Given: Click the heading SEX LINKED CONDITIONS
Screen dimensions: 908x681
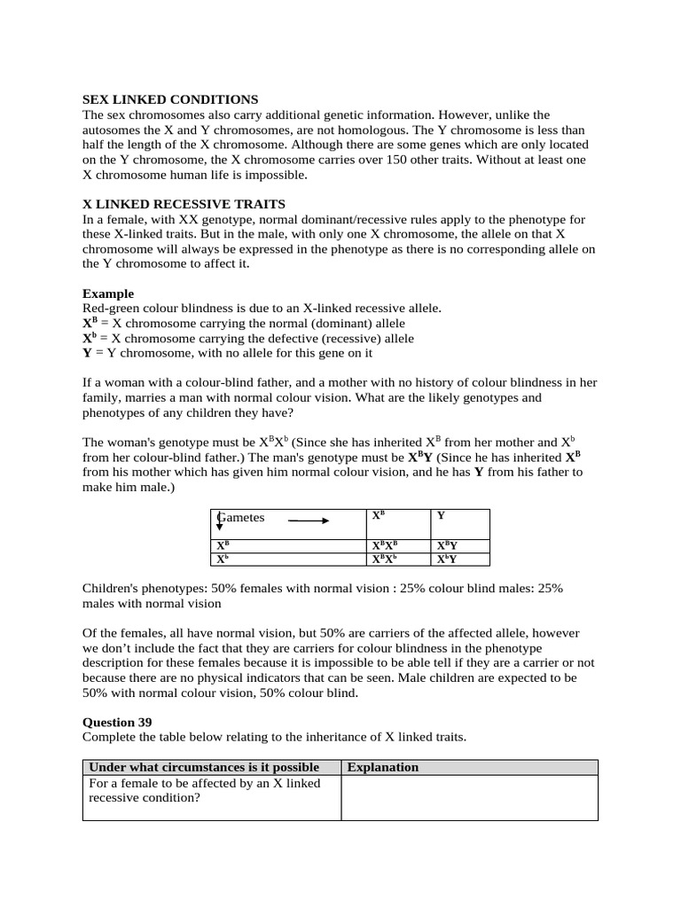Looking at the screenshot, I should [x=170, y=99].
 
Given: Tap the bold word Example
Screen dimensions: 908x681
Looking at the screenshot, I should [x=108, y=294].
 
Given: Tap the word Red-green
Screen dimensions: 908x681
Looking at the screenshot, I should [x=110, y=308].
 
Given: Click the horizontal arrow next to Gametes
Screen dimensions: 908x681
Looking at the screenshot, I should [x=309, y=521].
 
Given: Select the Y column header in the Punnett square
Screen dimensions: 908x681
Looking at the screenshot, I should [x=442, y=515].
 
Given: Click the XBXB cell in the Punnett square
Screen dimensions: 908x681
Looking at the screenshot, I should [x=385, y=546].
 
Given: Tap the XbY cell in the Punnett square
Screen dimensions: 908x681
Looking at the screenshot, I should [x=447, y=560].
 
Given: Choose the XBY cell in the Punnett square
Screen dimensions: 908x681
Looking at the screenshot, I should [x=447, y=546].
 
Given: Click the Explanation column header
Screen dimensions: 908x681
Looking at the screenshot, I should [x=383, y=767].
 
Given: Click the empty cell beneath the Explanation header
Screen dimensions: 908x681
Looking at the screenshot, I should [x=469, y=798].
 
